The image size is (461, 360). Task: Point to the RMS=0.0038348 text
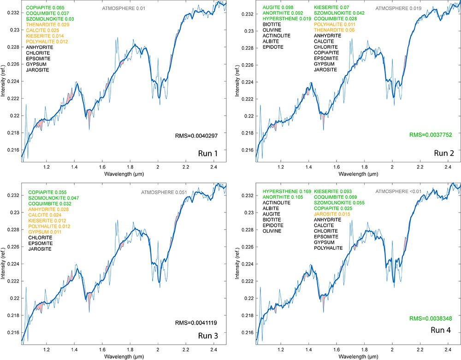coord(431,319)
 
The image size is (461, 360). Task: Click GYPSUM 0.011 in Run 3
coord(44,232)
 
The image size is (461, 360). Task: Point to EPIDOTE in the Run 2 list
coord(273,47)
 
